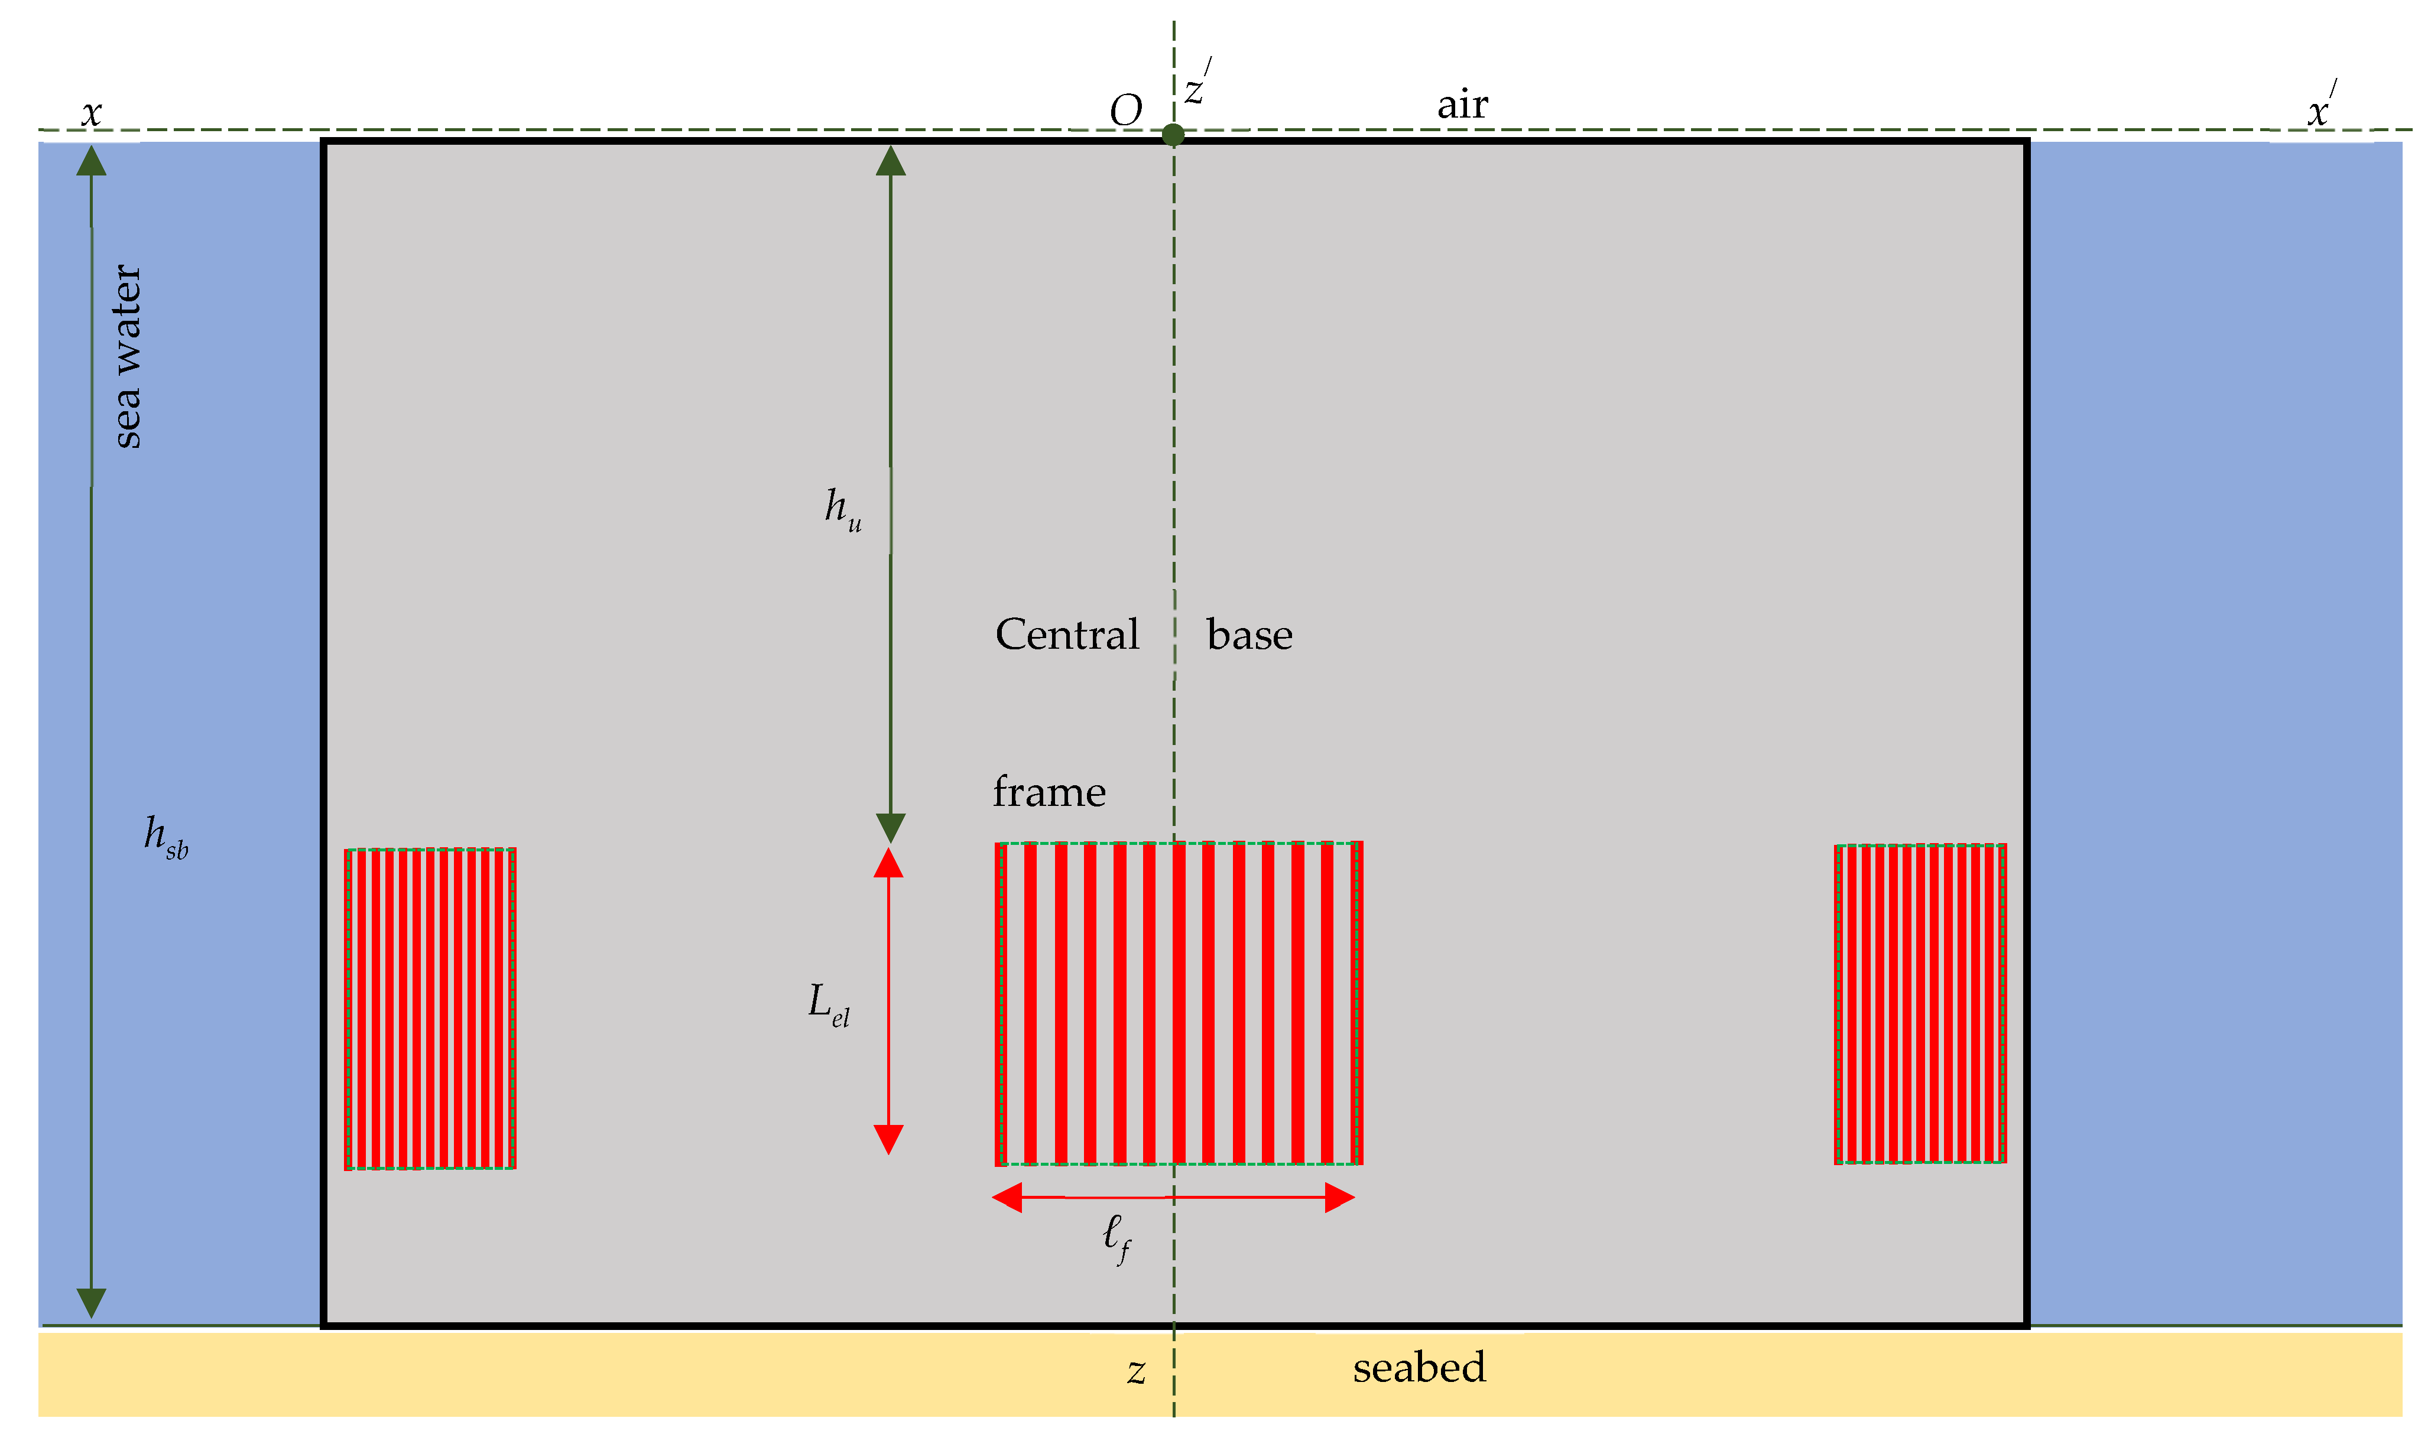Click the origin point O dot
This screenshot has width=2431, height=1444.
[1174, 134]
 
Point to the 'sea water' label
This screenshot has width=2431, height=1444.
[126, 356]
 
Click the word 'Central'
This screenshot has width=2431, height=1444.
[1067, 635]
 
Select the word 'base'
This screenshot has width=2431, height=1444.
[1249, 635]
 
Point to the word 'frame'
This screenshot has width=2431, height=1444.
[1049, 792]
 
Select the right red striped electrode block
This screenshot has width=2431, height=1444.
[1919, 1004]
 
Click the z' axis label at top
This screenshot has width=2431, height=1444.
[1197, 86]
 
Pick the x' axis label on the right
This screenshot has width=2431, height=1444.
[2321, 107]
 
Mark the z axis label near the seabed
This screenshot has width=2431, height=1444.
[1135, 1371]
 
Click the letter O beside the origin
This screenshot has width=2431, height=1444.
[1126, 111]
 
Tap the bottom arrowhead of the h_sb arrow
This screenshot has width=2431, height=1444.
[92, 1302]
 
